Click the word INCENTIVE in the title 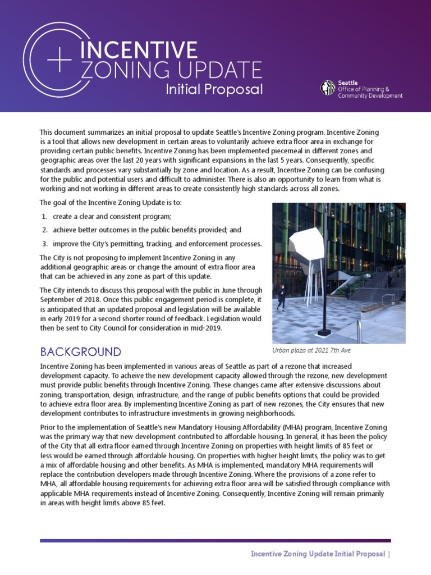(x=139, y=51)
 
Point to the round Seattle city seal (x=327, y=88)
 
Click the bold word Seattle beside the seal (x=348, y=82)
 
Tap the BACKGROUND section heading (x=80, y=352)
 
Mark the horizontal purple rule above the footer (x=215, y=541)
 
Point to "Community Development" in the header (x=370, y=96)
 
